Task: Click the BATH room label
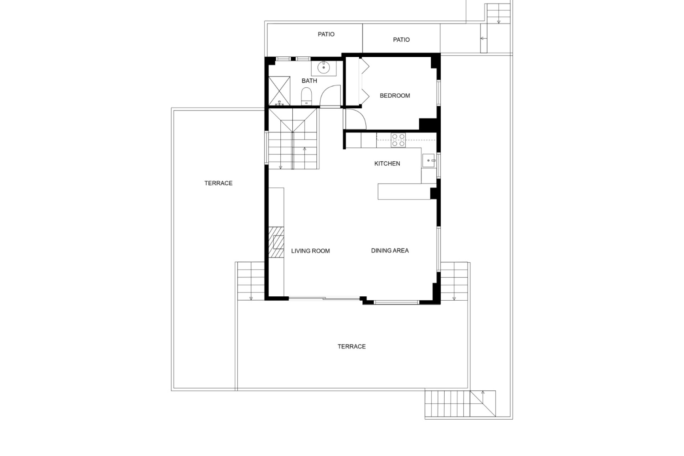tap(309, 81)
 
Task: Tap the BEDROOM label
tap(395, 95)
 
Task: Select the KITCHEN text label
tap(387, 164)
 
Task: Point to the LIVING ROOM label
tap(310, 251)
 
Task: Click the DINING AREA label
tap(390, 250)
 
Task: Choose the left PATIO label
tap(326, 34)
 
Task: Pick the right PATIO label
tap(401, 40)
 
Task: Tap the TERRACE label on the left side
tap(218, 183)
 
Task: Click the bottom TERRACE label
tap(352, 346)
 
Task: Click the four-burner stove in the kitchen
tap(398, 140)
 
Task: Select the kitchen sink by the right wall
tap(429, 161)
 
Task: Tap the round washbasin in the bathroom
tap(324, 67)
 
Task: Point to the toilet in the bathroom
tap(306, 97)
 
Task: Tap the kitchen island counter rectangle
tap(404, 191)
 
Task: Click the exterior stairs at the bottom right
tap(460, 404)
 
